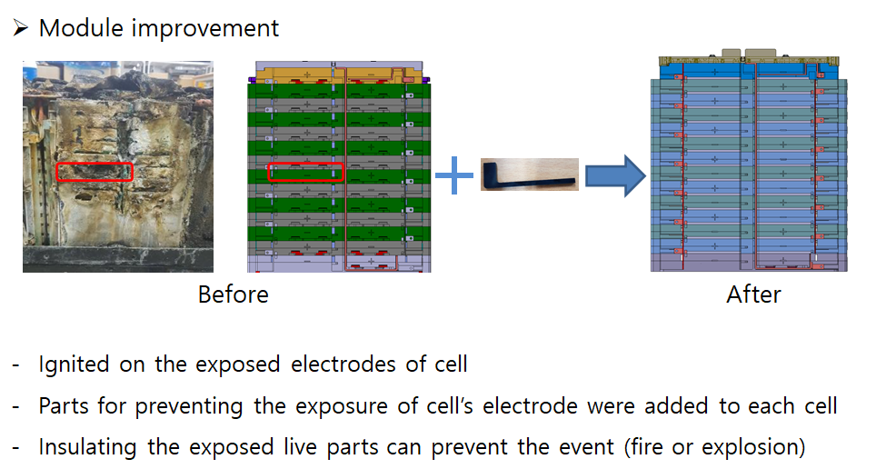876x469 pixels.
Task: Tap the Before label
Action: tap(234, 294)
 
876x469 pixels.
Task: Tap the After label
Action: tap(753, 294)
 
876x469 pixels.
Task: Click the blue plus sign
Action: tap(454, 175)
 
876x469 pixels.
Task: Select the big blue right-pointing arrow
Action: tap(614, 175)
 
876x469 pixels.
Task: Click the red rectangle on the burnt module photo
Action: tap(95, 172)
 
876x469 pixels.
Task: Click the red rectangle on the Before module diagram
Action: tap(304, 173)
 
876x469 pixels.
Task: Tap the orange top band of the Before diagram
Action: tap(338, 74)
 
